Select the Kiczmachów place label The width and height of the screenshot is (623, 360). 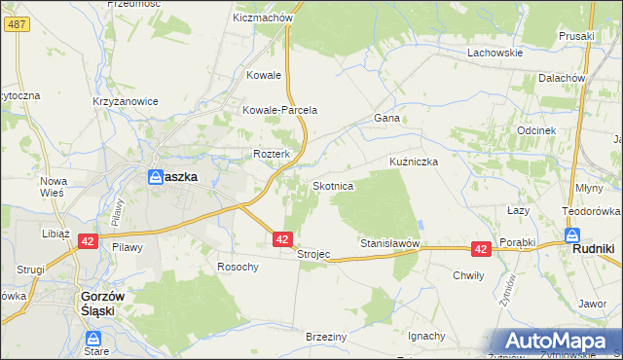(x=263, y=18)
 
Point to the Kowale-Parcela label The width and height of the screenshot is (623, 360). (x=280, y=110)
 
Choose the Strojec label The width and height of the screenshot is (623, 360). (x=313, y=254)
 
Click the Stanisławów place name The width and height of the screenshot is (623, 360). (x=389, y=242)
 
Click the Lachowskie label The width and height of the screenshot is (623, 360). (x=495, y=53)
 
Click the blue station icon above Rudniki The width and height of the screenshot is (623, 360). (x=572, y=234)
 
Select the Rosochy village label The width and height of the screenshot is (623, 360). (x=238, y=267)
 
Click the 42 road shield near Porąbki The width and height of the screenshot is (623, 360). (x=480, y=249)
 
